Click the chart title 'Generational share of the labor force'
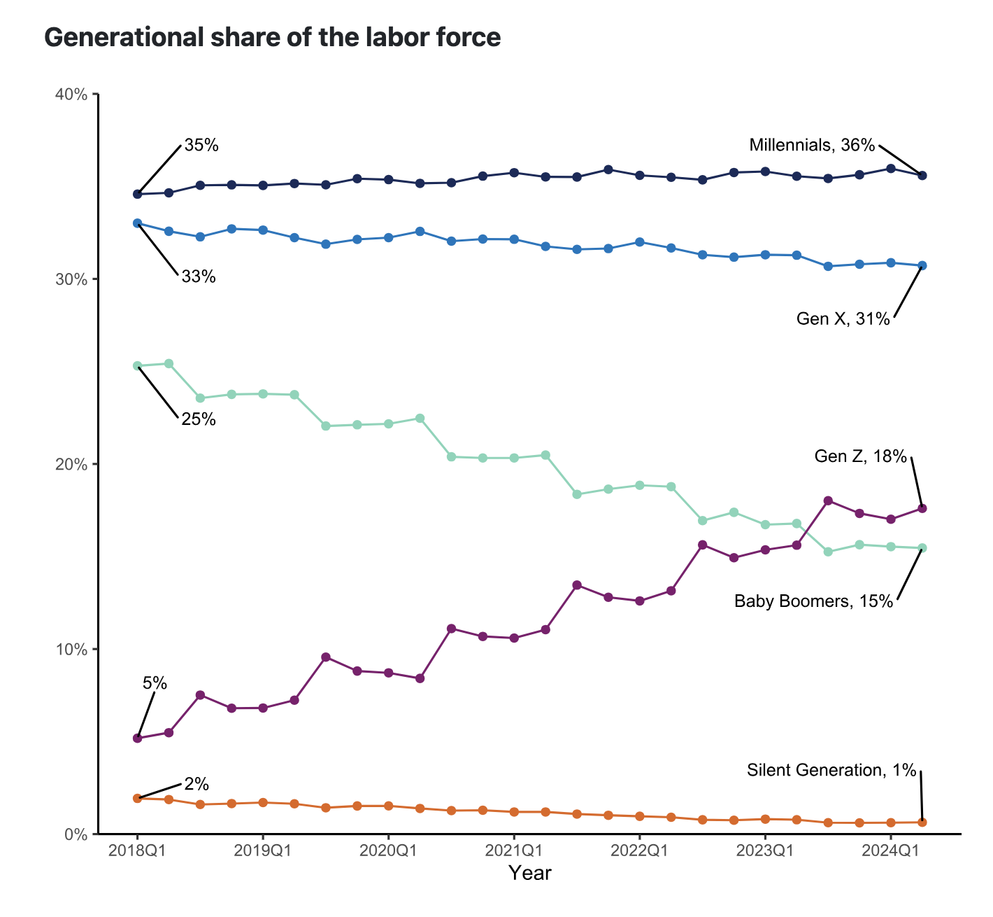pos(272,38)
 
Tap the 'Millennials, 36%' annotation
pos(812,145)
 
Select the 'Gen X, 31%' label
pos(843,319)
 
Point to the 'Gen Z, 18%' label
pos(861,457)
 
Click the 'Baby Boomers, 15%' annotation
pos(814,601)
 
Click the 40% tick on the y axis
pos(71,94)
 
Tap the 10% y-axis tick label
pos(71,650)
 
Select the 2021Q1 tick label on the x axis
pos(514,850)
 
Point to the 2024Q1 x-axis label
pos(890,850)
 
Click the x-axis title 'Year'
pos(529,874)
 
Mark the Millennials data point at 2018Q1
pos(137,194)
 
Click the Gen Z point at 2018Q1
pos(137,738)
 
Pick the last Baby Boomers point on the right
pos(922,548)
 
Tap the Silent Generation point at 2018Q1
pos(137,798)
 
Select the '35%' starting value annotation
pos(201,146)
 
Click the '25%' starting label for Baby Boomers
pos(199,420)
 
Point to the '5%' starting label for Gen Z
pos(155,683)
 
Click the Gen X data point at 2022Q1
pos(639,241)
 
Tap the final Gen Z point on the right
pos(922,508)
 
